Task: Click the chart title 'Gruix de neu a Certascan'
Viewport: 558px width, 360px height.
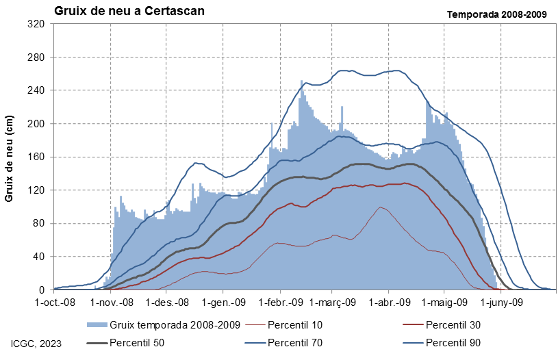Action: click(x=129, y=11)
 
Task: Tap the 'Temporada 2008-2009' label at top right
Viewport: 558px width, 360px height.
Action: click(x=497, y=14)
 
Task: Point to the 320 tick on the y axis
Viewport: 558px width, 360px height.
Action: click(x=36, y=24)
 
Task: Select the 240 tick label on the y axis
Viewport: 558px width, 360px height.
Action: click(x=36, y=90)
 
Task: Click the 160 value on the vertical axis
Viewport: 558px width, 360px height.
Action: click(x=36, y=157)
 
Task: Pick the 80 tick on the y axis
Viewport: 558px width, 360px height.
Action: click(x=39, y=223)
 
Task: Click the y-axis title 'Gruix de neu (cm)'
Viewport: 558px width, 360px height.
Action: click(x=9, y=159)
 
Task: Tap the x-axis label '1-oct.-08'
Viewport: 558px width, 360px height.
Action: click(x=55, y=303)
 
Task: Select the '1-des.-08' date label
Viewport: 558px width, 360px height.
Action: click(x=167, y=303)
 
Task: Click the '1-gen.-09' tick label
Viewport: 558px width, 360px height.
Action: click(x=223, y=303)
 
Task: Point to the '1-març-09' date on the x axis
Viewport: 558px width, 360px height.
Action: click(x=332, y=303)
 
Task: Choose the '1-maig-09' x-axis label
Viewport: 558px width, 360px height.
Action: click(x=444, y=303)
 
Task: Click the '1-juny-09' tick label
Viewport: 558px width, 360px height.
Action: click(x=502, y=303)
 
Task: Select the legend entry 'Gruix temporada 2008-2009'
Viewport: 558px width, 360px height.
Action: click(x=175, y=325)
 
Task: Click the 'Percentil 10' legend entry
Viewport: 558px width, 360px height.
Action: click(x=295, y=325)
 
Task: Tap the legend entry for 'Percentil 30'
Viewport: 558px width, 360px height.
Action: click(x=453, y=325)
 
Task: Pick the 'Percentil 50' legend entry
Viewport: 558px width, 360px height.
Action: click(x=137, y=343)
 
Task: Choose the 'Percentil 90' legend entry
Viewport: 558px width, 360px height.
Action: click(x=453, y=343)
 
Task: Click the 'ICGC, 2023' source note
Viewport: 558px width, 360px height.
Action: click(x=36, y=344)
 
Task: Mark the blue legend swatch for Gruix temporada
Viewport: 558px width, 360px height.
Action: click(x=97, y=325)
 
